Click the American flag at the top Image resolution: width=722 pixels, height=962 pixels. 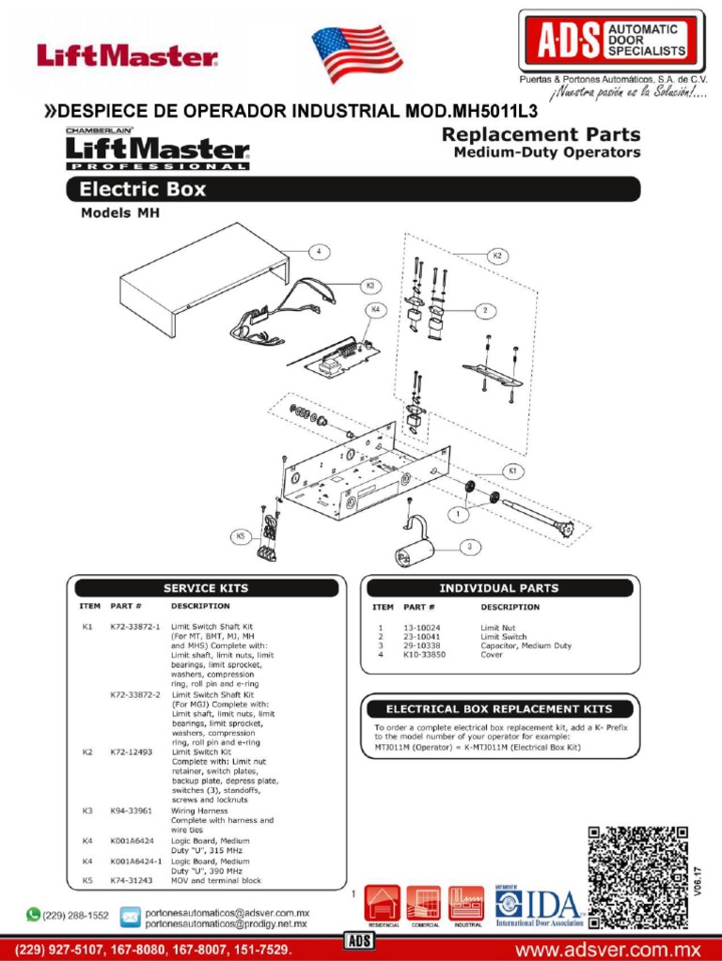[357, 54]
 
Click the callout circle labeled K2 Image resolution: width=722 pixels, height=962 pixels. [497, 256]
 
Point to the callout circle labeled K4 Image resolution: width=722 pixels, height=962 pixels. [375, 309]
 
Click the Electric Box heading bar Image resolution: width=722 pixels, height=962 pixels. [353, 189]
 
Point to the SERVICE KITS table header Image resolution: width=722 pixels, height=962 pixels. [206, 588]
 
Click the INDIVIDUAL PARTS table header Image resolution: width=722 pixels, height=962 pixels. [498, 588]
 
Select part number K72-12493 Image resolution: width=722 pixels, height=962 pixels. [131, 752]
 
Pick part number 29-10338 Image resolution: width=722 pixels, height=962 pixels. [422, 645]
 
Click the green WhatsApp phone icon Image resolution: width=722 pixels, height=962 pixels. [34, 913]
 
